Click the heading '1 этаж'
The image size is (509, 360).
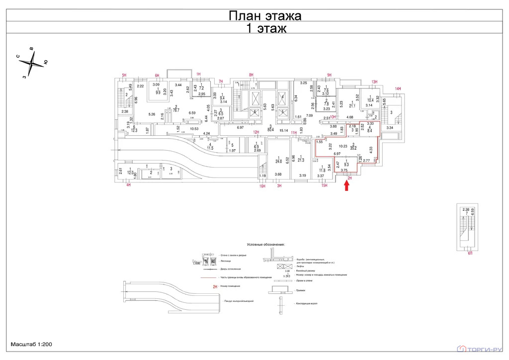pyautogui.click(x=266, y=28)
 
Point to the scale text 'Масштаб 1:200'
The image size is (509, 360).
pyautogui.click(x=31, y=344)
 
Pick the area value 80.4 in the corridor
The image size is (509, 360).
pyautogui.click(x=270, y=130)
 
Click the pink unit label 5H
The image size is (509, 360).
pyautogui.click(x=125, y=75)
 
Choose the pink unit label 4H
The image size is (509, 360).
pyautogui.click(x=128, y=185)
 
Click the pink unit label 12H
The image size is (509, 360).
pyautogui.click(x=256, y=132)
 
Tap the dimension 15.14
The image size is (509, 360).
pyautogui.click(x=284, y=131)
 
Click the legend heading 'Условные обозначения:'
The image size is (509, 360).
pyautogui.click(x=266, y=245)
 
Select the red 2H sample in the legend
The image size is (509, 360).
pyautogui.click(x=215, y=287)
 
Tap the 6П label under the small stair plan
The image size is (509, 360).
pyautogui.click(x=470, y=253)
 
